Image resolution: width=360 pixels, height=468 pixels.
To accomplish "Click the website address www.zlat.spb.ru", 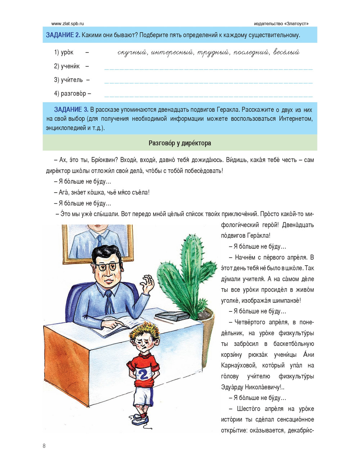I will (67, 24).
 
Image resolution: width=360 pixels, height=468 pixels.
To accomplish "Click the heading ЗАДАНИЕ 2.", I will (63, 35).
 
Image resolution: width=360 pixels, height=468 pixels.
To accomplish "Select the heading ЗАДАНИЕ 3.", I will (71, 109).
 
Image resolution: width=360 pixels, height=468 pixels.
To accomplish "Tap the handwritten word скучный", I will (132, 53).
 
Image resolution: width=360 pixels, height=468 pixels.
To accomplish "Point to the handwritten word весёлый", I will (286, 52).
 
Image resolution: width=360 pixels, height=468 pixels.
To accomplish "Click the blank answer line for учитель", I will (208, 82).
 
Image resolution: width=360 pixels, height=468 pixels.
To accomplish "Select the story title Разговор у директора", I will (180, 143).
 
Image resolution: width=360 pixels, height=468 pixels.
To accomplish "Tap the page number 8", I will (44, 446).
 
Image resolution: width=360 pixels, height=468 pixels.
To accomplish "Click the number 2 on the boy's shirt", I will (143, 375).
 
